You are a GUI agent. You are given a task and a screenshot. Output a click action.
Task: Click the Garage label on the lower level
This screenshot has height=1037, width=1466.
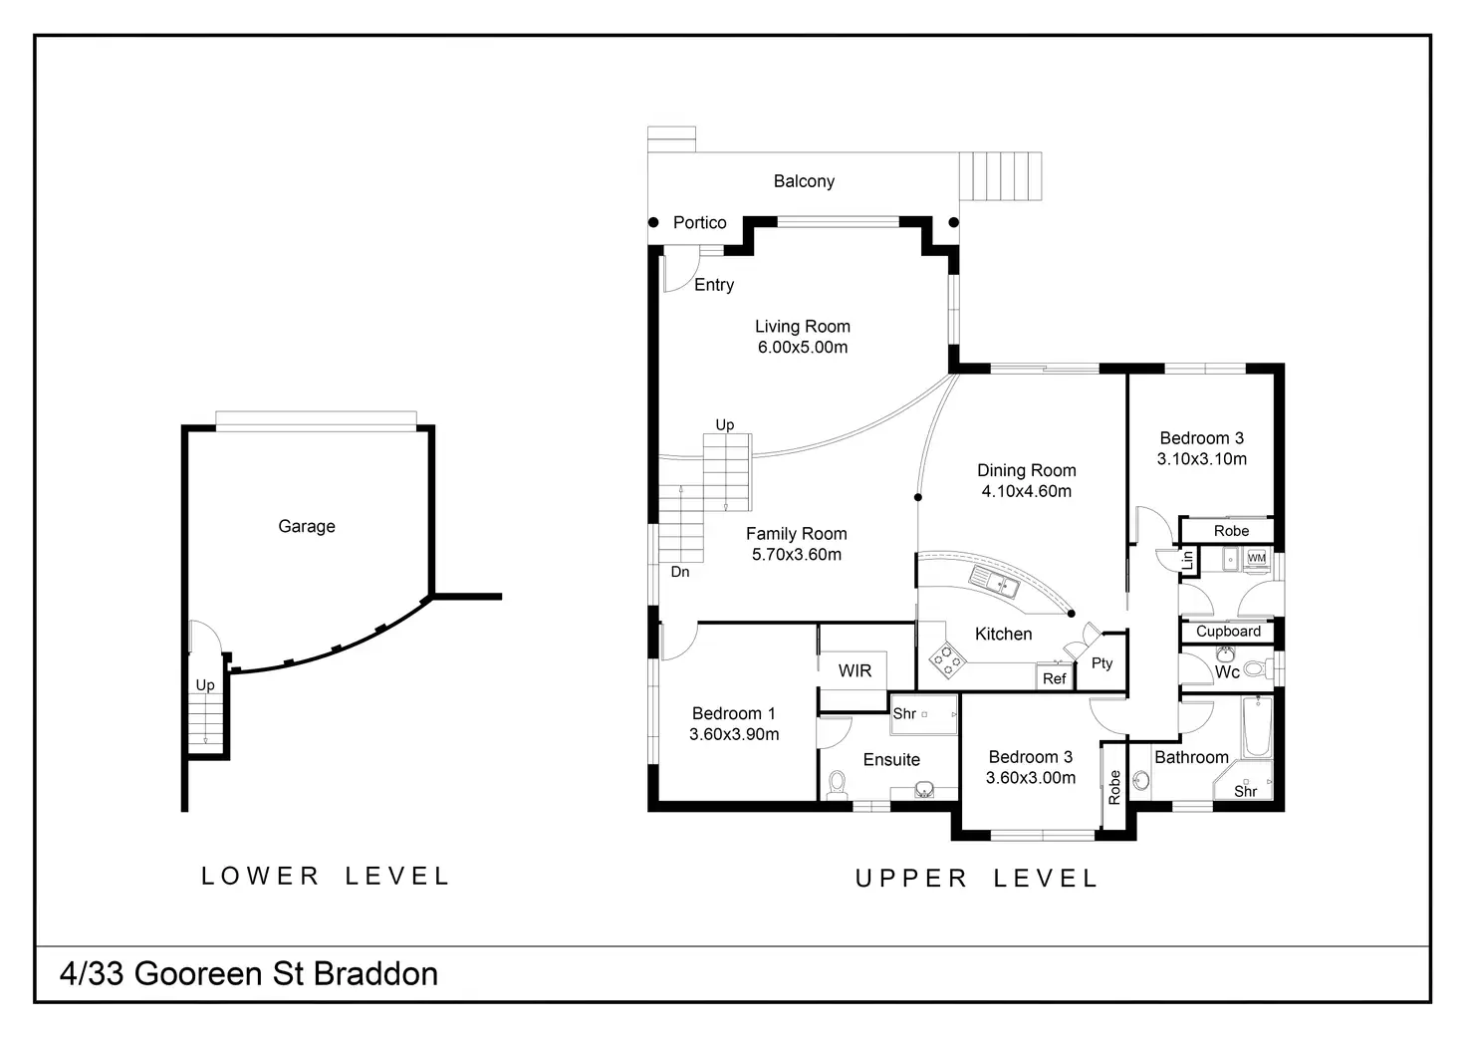click(x=307, y=526)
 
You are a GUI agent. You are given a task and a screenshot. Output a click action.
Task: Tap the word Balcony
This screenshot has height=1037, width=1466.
click(x=804, y=181)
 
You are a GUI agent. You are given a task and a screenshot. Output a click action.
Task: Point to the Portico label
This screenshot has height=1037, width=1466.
click(x=699, y=222)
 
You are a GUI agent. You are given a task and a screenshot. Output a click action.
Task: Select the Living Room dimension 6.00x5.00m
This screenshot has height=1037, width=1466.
click(x=803, y=348)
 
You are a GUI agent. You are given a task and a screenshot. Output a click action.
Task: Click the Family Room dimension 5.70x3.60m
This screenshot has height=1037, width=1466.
click(x=797, y=555)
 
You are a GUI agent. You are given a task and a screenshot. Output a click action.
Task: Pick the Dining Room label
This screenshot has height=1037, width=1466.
click(x=1026, y=470)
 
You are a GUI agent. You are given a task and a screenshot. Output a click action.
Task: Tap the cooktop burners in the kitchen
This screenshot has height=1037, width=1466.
click(x=946, y=658)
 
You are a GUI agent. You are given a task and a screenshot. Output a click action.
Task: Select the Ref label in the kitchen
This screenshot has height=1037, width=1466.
click(x=1054, y=678)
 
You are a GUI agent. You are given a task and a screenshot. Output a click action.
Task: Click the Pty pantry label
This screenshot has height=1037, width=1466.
click(x=1101, y=663)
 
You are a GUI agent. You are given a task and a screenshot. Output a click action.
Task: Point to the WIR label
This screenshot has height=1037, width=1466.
click(x=855, y=670)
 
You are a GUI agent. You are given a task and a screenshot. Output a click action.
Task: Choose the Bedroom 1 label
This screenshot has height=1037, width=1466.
click(x=733, y=713)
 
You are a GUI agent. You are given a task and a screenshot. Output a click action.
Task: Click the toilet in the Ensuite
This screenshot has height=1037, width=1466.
click(x=837, y=784)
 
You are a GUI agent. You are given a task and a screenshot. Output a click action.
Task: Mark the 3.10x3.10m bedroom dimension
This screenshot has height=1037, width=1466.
click(x=1201, y=459)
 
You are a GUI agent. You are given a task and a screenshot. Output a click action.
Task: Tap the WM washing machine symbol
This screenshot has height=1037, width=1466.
click(x=1257, y=558)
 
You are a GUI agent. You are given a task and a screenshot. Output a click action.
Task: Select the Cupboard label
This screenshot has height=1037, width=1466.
click(x=1228, y=631)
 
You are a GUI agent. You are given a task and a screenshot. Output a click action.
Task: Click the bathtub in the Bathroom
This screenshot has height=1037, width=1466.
click(x=1257, y=726)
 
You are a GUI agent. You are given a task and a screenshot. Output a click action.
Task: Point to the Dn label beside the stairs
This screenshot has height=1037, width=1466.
click(x=680, y=572)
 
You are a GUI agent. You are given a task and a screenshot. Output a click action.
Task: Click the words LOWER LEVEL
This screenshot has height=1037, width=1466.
click(x=326, y=876)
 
